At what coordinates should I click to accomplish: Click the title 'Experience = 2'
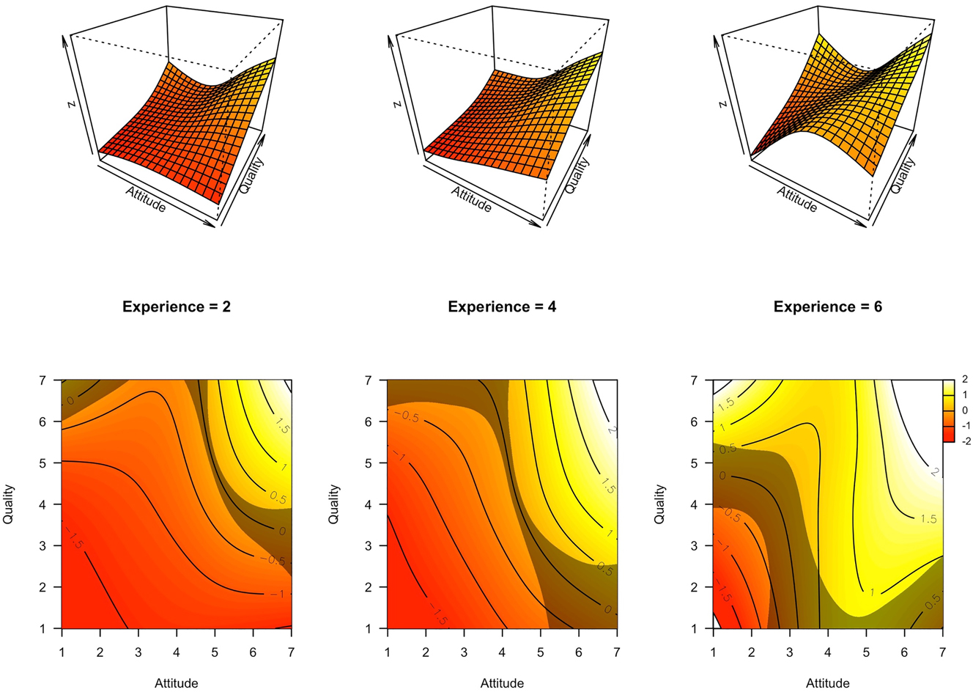[176, 306]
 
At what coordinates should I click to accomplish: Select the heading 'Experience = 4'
[502, 306]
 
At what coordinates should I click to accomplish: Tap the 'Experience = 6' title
[827, 306]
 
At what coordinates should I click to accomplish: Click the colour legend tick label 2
[964, 380]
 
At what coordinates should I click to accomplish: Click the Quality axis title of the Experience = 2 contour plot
[9, 504]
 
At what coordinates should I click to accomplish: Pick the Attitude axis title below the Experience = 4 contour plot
[502, 683]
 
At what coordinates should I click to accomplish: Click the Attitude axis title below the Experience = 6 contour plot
[827, 683]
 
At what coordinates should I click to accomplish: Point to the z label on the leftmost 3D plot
[71, 103]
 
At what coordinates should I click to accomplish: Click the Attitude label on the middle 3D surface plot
[471, 199]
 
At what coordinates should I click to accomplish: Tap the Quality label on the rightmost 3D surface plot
[903, 175]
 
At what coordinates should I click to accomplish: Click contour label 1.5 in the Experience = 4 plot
[607, 486]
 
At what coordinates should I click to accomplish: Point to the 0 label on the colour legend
[964, 411]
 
